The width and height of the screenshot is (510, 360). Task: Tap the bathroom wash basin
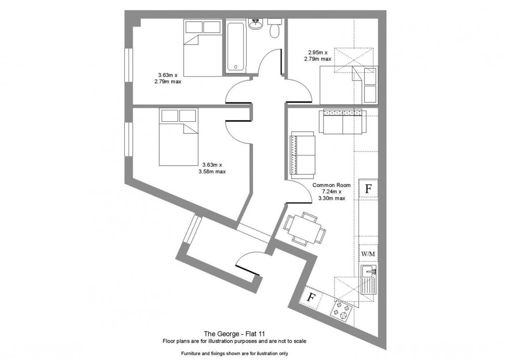[256, 24]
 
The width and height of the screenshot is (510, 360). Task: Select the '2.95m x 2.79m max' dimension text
[318, 56]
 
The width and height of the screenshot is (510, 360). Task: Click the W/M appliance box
[368, 253]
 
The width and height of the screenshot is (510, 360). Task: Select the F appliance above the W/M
[368, 189]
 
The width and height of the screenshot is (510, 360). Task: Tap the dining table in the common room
[305, 229]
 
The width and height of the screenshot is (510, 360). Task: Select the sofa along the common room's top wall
[342, 121]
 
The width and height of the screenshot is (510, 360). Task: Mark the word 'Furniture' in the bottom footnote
[191, 353]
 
